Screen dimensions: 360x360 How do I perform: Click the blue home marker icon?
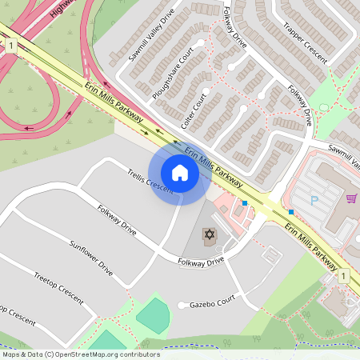coord(180,173)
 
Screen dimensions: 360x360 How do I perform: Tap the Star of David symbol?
coord(210,234)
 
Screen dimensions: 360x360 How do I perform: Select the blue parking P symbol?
coord(314,199)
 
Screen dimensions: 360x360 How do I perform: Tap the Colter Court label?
coord(194,113)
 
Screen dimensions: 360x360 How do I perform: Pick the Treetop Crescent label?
coord(58,286)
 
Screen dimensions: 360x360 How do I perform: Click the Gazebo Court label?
coord(213,304)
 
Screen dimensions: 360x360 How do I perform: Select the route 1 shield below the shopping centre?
coord(342,276)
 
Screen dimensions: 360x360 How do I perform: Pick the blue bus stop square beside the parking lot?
coord(291,212)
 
